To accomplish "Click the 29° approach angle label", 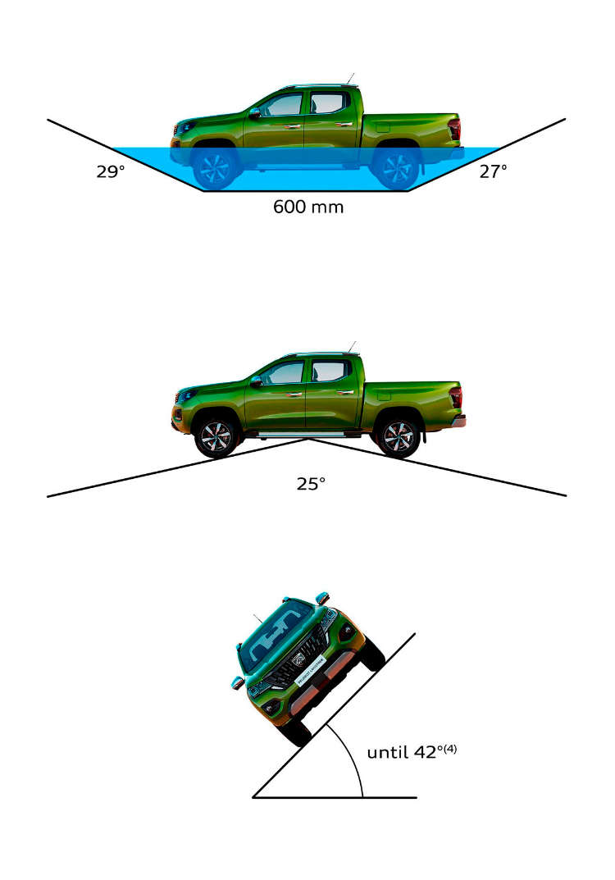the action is coord(110,171).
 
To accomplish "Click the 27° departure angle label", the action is coord(494,171).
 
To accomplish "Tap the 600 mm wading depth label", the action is coord(308,207).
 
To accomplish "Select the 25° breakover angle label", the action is coord(311,483).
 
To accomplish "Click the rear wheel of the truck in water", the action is coord(397,167).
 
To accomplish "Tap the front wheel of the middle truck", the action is coord(216,436).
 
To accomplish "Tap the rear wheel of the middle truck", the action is coord(399,436).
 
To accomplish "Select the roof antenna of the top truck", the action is coord(351,79).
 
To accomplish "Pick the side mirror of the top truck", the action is coord(255,113).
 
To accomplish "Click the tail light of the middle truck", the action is coord(456,397).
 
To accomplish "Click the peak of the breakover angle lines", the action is coord(307,439).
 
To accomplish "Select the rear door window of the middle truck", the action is coord(328,371).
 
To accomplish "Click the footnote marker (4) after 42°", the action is coord(450,749).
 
